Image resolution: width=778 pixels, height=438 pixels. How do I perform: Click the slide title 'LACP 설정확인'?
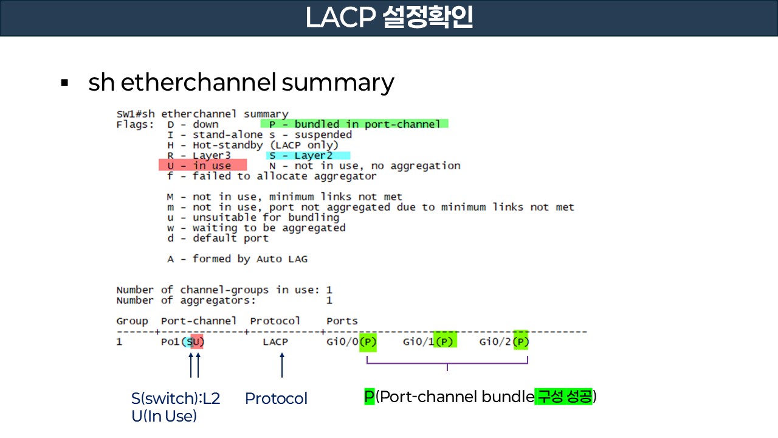[x=389, y=18]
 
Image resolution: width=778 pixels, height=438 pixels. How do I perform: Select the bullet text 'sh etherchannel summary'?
[x=241, y=82]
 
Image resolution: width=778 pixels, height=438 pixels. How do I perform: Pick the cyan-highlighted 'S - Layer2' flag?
[x=308, y=155]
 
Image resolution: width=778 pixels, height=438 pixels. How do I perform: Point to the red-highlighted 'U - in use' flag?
[x=202, y=165]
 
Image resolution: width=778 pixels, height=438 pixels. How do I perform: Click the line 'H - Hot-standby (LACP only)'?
[x=252, y=145]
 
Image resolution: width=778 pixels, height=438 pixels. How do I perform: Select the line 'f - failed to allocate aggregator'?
[x=272, y=176]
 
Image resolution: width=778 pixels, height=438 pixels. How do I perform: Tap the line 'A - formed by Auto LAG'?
[x=237, y=259]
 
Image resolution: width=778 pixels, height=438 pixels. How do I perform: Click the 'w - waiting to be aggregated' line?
[x=256, y=228]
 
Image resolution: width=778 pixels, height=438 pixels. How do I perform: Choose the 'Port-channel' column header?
[x=199, y=321]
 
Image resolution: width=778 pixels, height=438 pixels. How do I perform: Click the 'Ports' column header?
[x=342, y=321]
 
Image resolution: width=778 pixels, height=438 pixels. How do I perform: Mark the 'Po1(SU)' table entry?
[x=183, y=342]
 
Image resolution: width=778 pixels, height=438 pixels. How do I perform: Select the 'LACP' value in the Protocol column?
[x=275, y=342]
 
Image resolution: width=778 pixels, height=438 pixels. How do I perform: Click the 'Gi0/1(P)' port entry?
[x=429, y=342]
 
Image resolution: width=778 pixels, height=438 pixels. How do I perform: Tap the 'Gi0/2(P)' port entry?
[x=504, y=342]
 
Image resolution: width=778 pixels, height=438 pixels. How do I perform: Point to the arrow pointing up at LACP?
[x=281, y=366]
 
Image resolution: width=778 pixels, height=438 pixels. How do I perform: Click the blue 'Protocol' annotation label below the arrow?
[x=276, y=398]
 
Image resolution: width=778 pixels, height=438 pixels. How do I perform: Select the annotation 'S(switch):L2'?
[x=176, y=398]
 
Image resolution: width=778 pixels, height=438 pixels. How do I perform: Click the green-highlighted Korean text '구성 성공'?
[x=563, y=397]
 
